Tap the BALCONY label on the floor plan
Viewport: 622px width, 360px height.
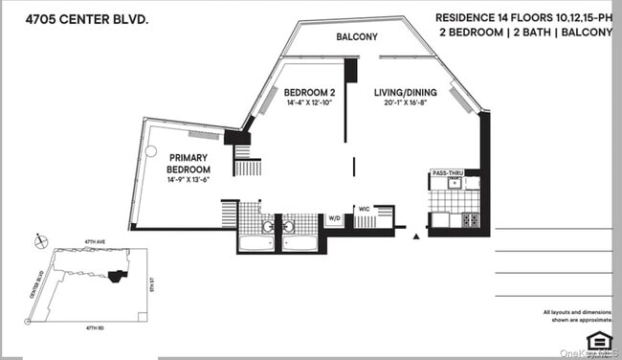click(x=357, y=37)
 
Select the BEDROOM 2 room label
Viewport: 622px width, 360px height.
click(x=309, y=92)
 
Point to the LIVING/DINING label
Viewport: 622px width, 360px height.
click(x=404, y=92)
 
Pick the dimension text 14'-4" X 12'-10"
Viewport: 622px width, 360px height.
click(x=309, y=103)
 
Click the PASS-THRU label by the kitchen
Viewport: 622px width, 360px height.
click(x=446, y=172)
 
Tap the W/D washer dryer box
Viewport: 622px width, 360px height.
click(x=335, y=219)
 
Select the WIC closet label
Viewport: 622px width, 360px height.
click(x=365, y=208)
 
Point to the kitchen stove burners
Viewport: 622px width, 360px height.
click(x=469, y=220)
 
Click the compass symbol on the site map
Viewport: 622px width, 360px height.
click(x=39, y=239)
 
